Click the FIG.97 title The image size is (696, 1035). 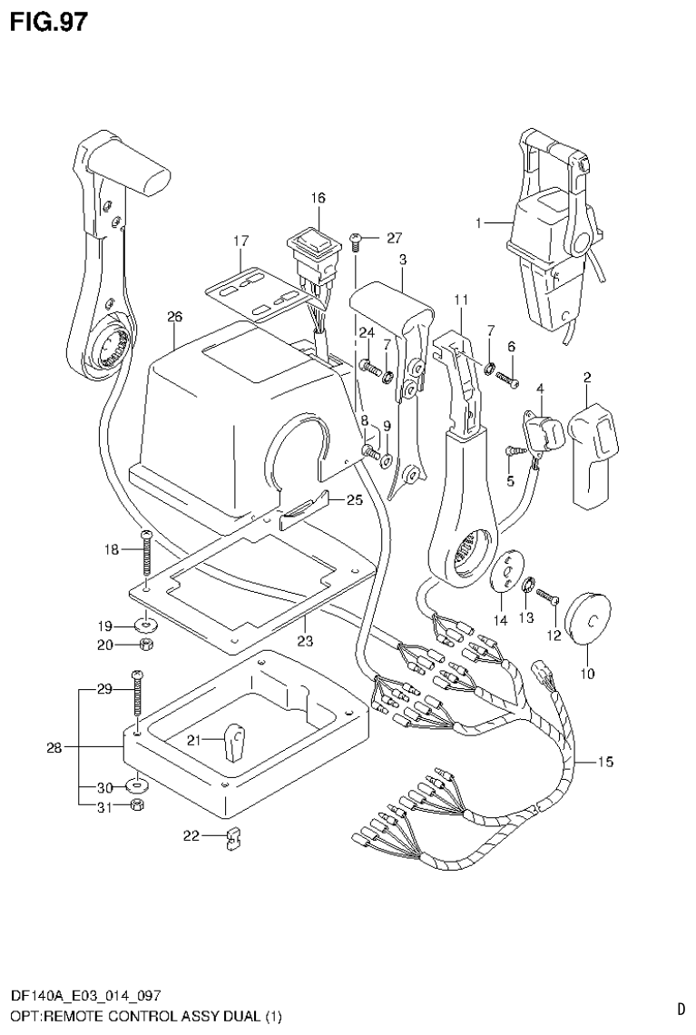(49, 22)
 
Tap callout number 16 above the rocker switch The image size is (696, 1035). (318, 198)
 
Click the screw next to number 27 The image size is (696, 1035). (356, 241)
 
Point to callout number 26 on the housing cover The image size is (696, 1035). (175, 317)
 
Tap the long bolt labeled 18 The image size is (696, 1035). (144, 552)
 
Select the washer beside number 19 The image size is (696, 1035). (144, 625)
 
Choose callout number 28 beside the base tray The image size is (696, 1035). (54, 748)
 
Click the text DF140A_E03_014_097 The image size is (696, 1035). (87, 997)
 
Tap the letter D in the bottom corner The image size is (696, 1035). (681, 1008)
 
